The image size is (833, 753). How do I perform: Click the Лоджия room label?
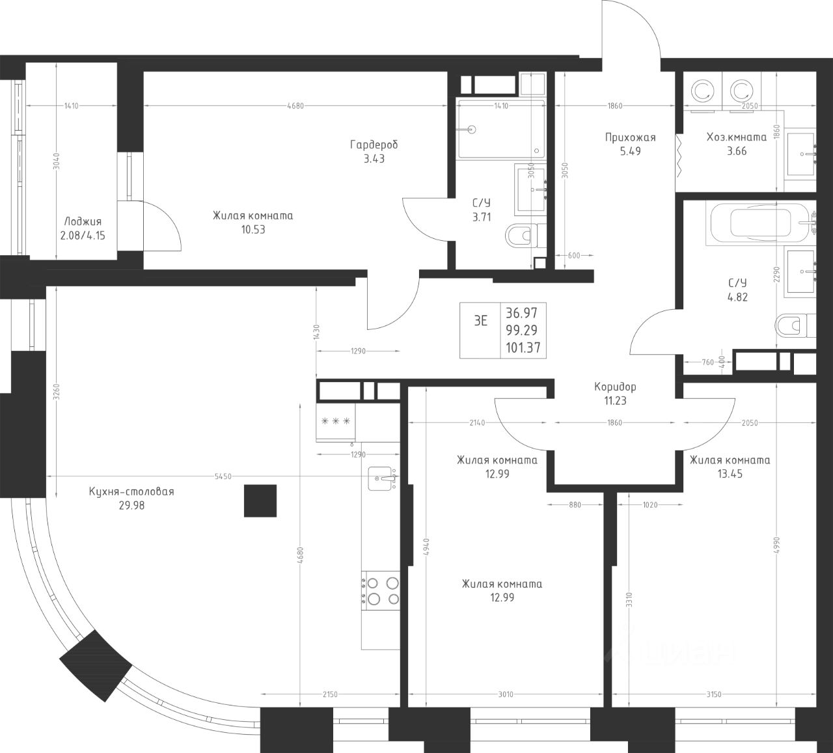(83, 222)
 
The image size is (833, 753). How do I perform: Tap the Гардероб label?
(374, 144)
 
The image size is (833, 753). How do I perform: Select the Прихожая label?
(631, 137)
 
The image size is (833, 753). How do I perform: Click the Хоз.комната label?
(737, 137)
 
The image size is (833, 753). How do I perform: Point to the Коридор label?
(615, 387)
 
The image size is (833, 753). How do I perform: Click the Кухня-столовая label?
(131, 492)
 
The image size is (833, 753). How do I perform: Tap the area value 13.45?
(730, 474)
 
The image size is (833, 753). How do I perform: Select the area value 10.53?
(253, 229)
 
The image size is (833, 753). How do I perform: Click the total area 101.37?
(523, 348)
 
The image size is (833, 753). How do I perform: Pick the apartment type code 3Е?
(480, 321)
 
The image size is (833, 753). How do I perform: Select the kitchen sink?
(381, 478)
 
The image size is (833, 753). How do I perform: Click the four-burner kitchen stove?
(380, 590)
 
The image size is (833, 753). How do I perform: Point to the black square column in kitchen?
(260, 500)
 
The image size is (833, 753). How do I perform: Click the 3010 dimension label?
(506, 694)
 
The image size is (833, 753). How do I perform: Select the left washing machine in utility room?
(702, 92)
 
